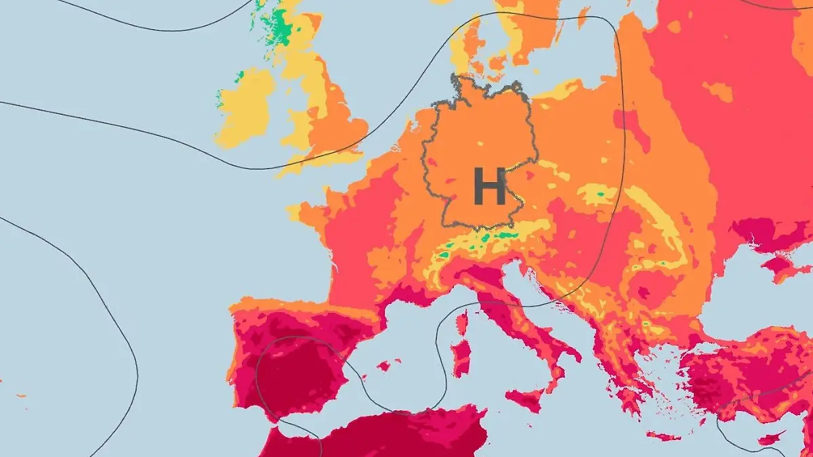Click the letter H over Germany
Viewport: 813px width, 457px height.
point(489,187)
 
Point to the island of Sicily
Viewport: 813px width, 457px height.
point(524,399)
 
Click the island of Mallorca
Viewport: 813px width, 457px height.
point(383,366)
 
